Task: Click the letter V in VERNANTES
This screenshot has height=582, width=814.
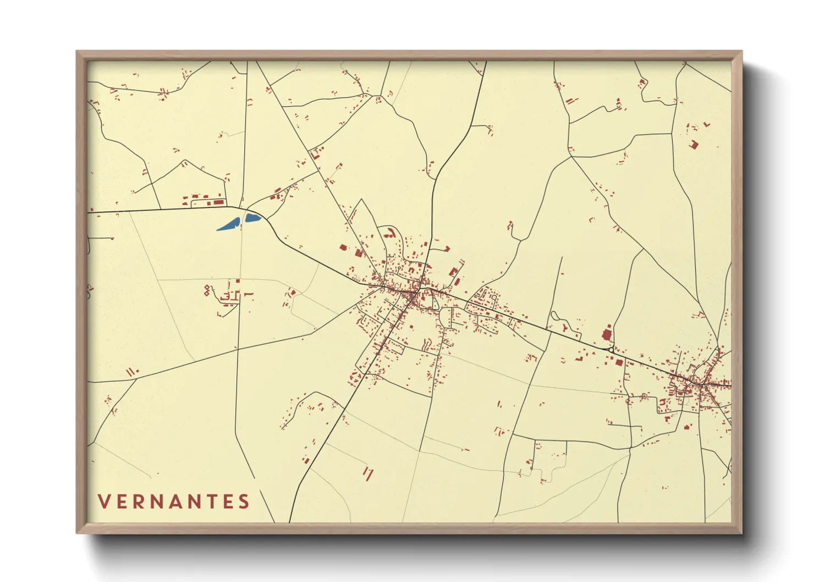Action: point(104,501)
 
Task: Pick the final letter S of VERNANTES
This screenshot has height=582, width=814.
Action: point(244,501)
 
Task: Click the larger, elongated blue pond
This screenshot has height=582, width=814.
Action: point(228,224)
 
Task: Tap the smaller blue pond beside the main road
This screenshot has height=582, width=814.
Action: point(252,217)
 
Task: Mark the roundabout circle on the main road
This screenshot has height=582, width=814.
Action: point(611,349)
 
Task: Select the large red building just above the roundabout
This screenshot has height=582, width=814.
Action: point(607,334)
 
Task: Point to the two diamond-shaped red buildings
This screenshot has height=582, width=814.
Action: point(207,290)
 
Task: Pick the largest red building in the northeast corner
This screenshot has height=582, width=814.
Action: point(694,144)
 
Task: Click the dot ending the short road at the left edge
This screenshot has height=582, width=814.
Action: point(112,238)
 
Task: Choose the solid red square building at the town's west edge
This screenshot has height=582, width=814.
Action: point(343,248)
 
